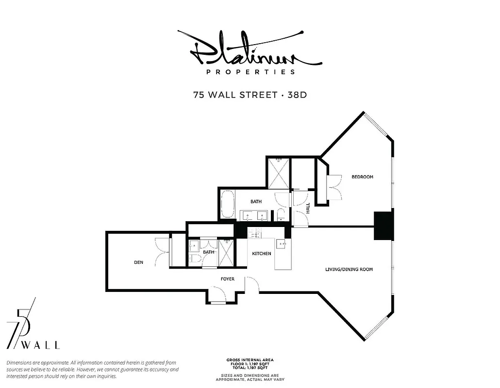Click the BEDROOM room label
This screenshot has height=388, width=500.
click(362, 177)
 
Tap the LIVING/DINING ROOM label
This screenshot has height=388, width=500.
click(349, 269)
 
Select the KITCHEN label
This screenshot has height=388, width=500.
click(261, 254)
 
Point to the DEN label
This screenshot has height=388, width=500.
click(138, 262)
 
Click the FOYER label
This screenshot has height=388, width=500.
click(228, 279)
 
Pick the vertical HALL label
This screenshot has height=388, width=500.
click(308, 208)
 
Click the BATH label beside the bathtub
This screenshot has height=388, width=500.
click(256, 201)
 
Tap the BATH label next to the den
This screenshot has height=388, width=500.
click(208, 252)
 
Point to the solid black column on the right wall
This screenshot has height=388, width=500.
click(383, 226)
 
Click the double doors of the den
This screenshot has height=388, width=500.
click(163, 251)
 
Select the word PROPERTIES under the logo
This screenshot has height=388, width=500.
click(250, 72)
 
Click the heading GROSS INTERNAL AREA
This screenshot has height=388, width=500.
click(250, 360)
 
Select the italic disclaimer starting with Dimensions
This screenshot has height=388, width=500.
click(92, 370)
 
